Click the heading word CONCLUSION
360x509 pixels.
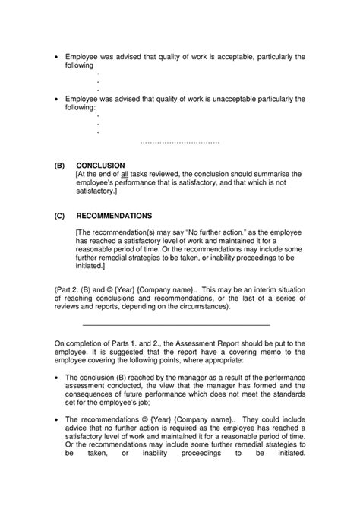pyautogui.click(x=101, y=165)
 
